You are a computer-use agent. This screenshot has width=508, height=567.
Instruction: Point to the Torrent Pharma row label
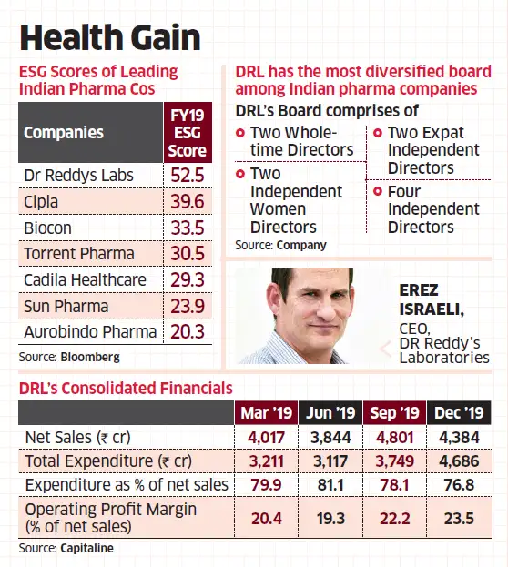pyautogui.click(x=78, y=254)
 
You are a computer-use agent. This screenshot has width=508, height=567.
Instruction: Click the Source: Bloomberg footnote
pyautogui.click(x=69, y=356)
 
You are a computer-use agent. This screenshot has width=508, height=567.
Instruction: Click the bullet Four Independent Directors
pyautogui.click(x=432, y=208)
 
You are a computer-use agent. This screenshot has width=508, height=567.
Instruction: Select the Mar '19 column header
pyautogui.click(x=266, y=413)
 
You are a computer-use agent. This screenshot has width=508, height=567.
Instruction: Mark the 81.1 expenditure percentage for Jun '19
pyautogui.click(x=330, y=485)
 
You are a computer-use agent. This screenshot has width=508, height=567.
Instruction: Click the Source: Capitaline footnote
pyautogui.click(x=69, y=548)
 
